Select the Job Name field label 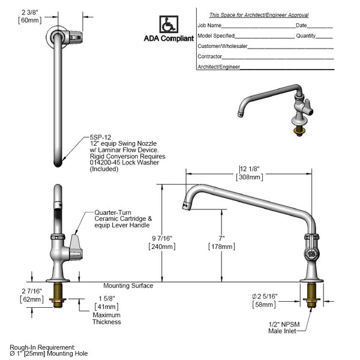(x=209, y=26)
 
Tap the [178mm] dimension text (x=221, y=246)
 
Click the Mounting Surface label (x=128, y=286)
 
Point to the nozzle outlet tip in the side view (x=184, y=206)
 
